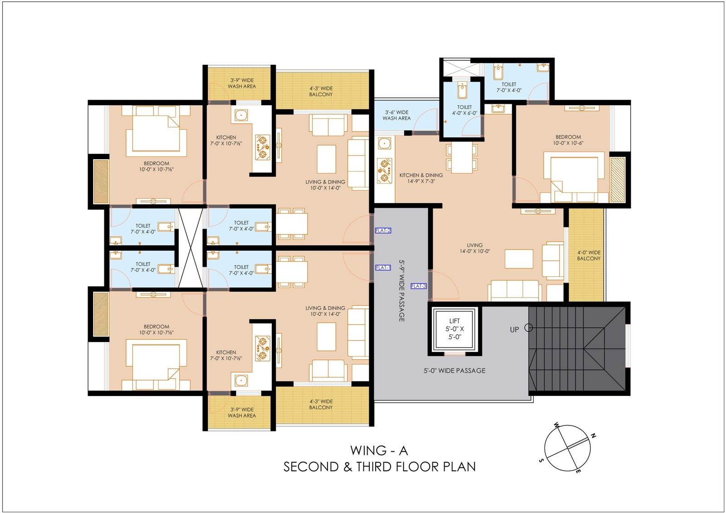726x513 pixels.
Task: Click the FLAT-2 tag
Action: click(x=383, y=230)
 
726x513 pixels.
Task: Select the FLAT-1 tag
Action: click(x=383, y=268)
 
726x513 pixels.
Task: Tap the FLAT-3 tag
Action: click(x=418, y=286)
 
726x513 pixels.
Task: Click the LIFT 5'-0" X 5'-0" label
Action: click(x=454, y=329)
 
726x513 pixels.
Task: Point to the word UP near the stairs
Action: click(x=515, y=330)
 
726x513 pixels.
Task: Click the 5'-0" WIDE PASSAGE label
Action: click(x=454, y=371)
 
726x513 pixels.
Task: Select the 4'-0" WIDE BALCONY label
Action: click(x=589, y=255)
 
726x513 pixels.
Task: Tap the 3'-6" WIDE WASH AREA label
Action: click(x=397, y=115)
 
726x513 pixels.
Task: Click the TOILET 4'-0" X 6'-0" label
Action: click(x=465, y=110)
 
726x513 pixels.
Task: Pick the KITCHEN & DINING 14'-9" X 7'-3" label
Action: click(x=421, y=178)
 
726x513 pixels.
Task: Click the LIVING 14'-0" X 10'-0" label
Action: click(x=475, y=248)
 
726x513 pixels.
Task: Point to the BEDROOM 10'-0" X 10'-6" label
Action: click(x=568, y=140)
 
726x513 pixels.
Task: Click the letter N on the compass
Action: click(x=594, y=436)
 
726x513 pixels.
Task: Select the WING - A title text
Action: click(x=379, y=450)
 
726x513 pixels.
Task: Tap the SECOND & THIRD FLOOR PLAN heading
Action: click(x=379, y=467)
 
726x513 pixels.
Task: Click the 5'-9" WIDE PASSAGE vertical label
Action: click(x=402, y=290)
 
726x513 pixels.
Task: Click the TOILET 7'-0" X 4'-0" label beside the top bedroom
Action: click(x=143, y=229)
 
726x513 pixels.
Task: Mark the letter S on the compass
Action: click(x=541, y=460)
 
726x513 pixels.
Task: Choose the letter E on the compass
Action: click(x=578, y=471)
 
